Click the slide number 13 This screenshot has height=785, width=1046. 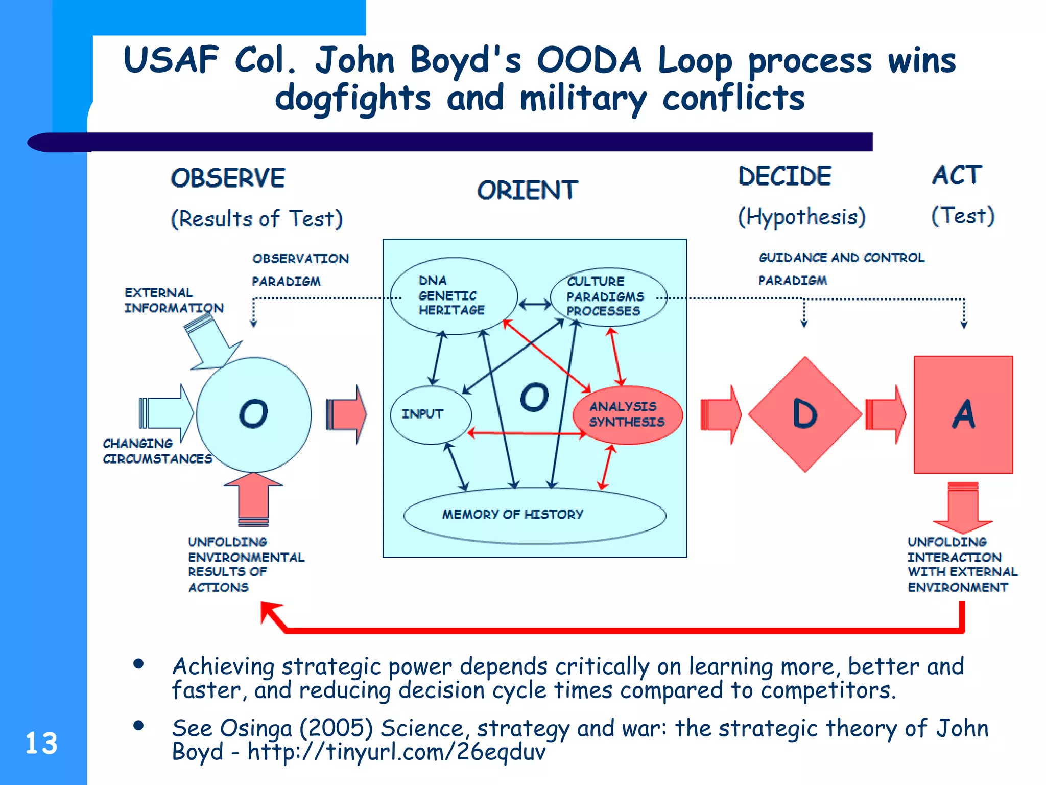point(41,744)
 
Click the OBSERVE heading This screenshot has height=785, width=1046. point(228,178)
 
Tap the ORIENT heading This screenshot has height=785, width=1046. point(527,191)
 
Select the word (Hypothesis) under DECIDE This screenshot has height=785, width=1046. point(801,217)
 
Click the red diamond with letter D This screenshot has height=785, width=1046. point(805,414)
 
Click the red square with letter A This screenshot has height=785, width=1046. point(963,414)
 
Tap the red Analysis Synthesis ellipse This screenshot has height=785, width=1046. point(627,414)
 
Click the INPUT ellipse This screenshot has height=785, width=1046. point(429,414)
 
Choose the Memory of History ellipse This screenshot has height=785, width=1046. point(534,515)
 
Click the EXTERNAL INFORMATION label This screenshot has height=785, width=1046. point(173,300)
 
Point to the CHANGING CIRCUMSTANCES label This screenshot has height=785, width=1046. point(157,451)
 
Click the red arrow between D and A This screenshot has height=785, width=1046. point(886,414)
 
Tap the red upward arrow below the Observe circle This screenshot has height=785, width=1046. point(253,498)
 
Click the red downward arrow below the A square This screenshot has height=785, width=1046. point(963,507)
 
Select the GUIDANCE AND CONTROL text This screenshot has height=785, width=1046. point(841,258)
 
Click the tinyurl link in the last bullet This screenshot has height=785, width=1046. point(396,752)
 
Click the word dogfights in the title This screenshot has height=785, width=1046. point(352,98)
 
